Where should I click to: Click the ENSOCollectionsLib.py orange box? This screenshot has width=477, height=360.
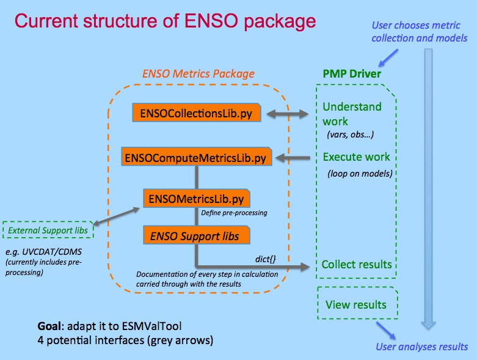point(197,113)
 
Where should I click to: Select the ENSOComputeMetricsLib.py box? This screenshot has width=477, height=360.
point(195,158)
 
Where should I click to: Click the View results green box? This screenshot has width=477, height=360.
point(356,304)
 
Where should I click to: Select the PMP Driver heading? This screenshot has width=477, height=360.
point(352,74)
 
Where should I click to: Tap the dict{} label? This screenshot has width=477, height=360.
point(265,260)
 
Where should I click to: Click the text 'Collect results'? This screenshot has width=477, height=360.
point(357,265)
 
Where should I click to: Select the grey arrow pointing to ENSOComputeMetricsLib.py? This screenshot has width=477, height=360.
point(296,158)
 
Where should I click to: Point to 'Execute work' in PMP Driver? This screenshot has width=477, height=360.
point(356,156)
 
